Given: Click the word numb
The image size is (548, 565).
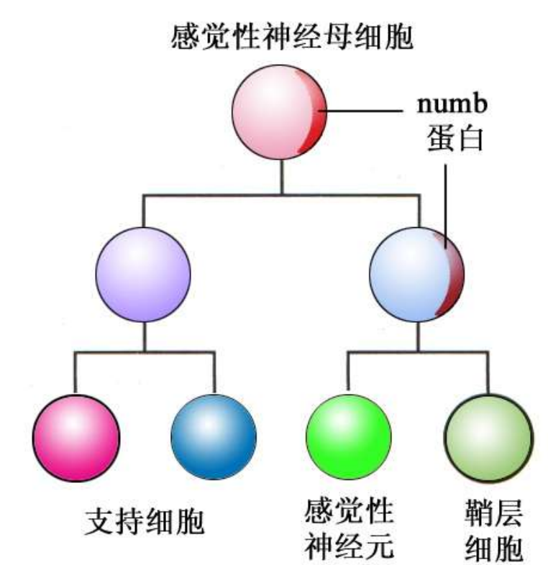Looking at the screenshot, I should click(453, 104).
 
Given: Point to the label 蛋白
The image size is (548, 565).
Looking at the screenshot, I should click(453, 137).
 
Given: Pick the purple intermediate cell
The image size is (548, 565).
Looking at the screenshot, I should click(144, 274).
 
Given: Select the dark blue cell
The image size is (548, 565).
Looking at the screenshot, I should click(214, 436).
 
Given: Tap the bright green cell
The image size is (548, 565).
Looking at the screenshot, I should click(349, 436).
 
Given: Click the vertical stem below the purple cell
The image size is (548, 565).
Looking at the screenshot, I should click(144, 336).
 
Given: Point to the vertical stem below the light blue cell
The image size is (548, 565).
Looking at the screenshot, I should click(416, 336).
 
